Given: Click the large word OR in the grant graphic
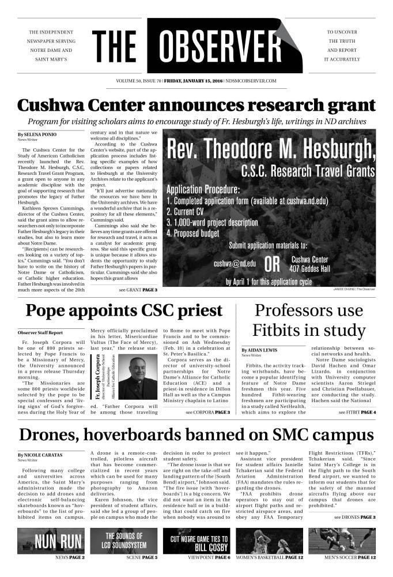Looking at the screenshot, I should (272, 265).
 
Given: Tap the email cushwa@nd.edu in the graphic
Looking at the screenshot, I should (235, 264).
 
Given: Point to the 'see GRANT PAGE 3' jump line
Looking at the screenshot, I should (138, 290).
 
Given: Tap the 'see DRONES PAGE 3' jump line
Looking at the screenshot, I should (354, 517).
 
